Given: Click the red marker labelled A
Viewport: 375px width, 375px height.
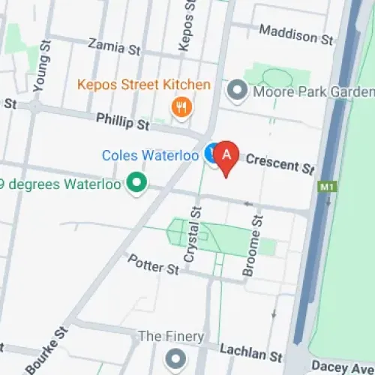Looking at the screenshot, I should (x=227, y=155).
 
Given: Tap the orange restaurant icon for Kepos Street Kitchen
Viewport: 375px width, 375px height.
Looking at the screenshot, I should (x=180, y=106).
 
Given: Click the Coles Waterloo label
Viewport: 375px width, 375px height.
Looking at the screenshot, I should (x=150, y=155).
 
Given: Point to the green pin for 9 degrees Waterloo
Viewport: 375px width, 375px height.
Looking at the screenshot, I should (x=136, y=181).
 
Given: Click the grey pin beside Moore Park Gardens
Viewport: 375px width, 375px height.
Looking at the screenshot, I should (x=238, y=91).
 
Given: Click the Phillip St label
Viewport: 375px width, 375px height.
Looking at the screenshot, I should (x=123, y=120).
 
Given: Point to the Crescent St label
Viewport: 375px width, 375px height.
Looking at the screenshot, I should (x=280, y=163).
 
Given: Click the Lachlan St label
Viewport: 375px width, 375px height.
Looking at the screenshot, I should (x=250, y=351).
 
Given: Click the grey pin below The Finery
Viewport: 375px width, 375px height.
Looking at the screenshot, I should (x=175, y=356).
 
